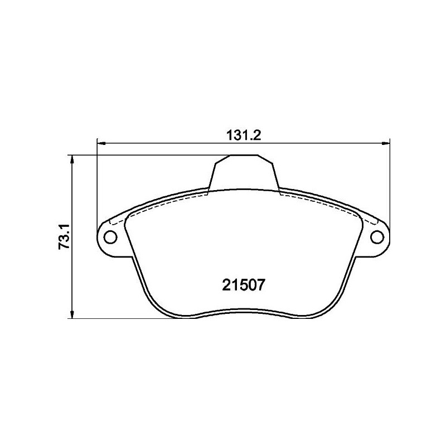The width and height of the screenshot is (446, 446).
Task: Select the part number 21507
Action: pos(244,285)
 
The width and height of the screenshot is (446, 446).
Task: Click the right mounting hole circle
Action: pos(377,237)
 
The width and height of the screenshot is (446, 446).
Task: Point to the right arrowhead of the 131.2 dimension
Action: pos(385,144)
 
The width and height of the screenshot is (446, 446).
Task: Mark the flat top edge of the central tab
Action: pos(244,155)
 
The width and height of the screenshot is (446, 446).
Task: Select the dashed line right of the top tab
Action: pos(323,201)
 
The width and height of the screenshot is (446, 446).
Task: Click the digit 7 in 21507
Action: pos(266,285)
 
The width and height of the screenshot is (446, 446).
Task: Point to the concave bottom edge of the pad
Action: pos(244,310)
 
